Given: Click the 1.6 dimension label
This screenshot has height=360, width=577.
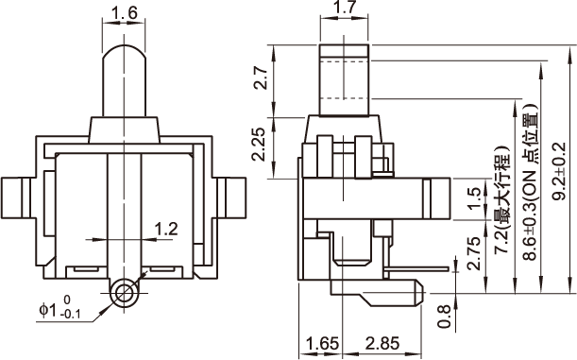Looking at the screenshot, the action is [124, 13].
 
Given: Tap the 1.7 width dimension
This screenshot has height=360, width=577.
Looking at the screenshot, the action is [344, 8].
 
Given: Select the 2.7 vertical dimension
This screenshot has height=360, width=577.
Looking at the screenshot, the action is [261, 78].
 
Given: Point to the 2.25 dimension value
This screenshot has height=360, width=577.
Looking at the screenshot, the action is [259, 145].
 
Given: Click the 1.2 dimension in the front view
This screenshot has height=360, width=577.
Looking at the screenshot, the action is [166, 229].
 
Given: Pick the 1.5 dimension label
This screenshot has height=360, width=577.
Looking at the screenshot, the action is [475, 198].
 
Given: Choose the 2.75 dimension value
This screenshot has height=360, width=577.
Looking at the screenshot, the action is [474, 253].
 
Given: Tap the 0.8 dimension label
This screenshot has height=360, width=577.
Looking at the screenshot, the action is [445, 316].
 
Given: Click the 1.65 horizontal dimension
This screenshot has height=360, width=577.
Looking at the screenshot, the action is [322, 344].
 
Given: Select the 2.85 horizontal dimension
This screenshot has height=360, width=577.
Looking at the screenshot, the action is [382, 344].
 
